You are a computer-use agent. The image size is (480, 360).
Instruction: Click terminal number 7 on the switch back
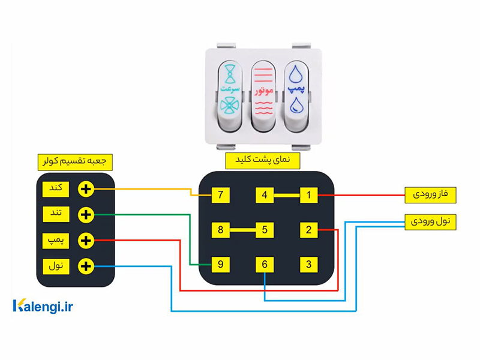tap(220, 194)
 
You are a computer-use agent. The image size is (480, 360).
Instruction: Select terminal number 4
tap(265, 194)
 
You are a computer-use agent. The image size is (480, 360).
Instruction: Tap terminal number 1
tap(308, 194)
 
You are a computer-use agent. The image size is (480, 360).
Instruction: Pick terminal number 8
tap(220, 230)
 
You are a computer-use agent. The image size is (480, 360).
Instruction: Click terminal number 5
tap(265, 230)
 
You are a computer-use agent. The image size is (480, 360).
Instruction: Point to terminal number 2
tap(308, 230)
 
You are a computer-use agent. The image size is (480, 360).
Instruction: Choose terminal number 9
tap(220, 265)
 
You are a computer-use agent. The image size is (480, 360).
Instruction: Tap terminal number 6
tap(265, 265)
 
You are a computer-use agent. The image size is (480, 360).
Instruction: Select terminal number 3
tap(308, 265)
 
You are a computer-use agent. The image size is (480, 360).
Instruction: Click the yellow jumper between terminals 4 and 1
tap(287, 194)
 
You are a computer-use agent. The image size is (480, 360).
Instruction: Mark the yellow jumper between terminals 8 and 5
tap(243, 230)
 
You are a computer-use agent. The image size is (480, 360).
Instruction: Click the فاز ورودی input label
tap(430, 195)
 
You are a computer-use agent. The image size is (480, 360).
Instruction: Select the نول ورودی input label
tap(430, 221)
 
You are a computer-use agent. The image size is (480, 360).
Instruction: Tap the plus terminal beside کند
tap(86, 189)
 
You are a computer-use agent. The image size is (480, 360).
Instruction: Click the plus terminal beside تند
tap(86, 215)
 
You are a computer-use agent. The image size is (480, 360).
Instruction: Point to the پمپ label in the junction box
tap(56, 241)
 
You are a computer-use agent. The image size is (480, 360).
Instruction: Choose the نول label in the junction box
tap(56, 266)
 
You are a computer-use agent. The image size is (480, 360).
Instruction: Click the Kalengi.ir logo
tap(43, 307)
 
